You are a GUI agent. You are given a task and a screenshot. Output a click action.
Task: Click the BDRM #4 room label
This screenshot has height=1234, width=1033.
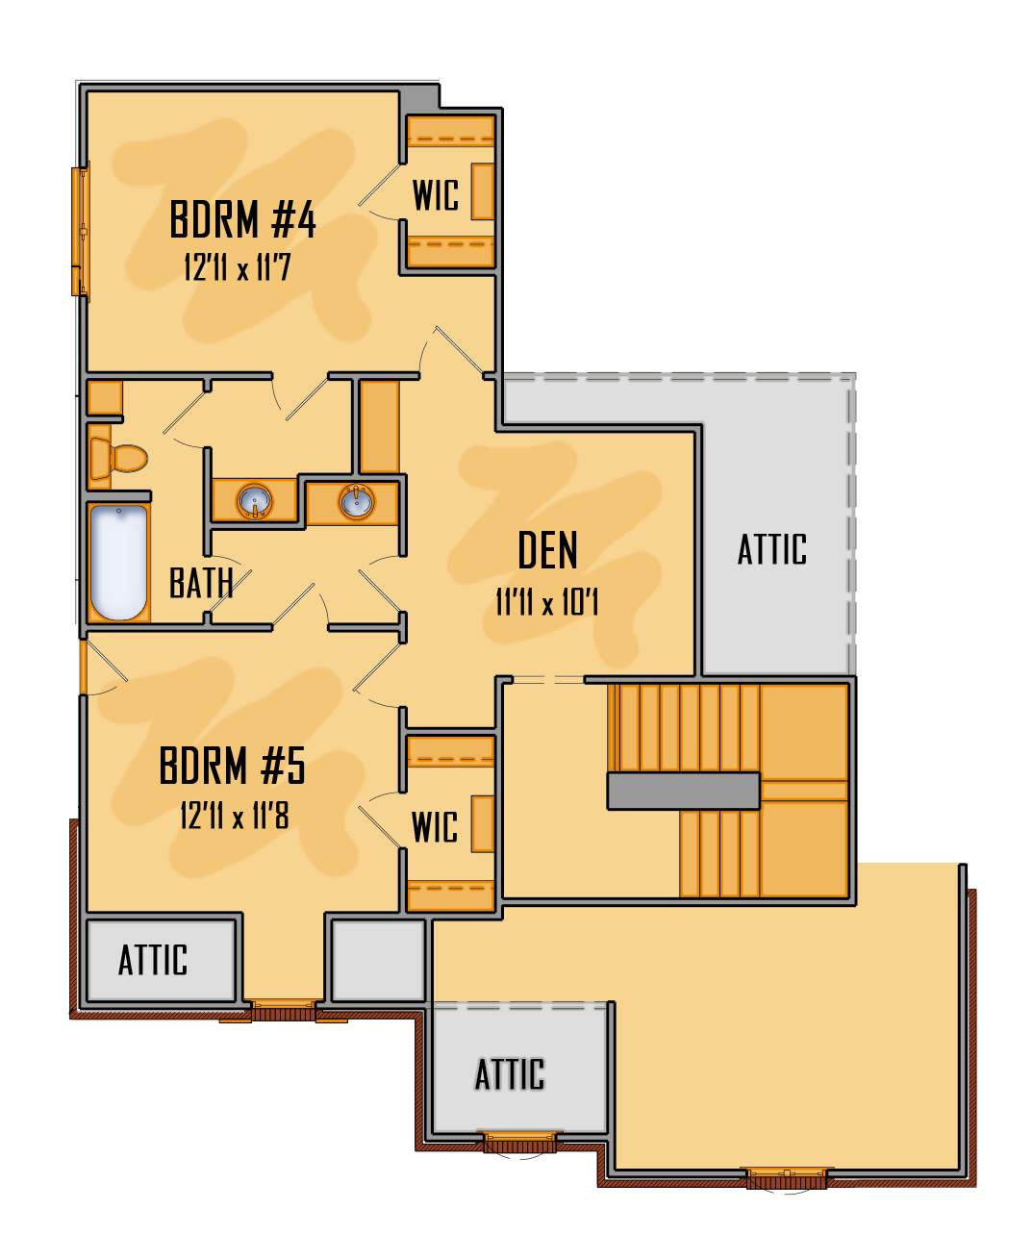click(242, 219)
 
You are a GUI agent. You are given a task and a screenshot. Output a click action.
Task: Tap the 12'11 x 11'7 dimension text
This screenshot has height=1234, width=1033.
click(238, 267)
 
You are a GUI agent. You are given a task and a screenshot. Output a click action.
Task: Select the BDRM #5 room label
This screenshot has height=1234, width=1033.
click(232, 766)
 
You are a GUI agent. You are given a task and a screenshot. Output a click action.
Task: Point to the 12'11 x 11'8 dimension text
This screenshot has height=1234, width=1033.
click(235, 817)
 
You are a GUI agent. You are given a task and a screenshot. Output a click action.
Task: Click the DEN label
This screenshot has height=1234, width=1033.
click(547, 550)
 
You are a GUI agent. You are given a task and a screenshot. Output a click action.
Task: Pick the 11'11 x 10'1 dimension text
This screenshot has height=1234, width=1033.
click(546, 602)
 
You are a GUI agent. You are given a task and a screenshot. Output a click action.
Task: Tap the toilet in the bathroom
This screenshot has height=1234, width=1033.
click(118, 459)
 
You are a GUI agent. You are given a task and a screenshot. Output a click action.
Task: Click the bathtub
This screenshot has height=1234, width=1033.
click(118, 562)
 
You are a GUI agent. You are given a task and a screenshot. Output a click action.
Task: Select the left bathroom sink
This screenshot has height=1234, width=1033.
click(255, 501)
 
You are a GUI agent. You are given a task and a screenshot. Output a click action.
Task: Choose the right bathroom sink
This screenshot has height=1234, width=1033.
click(356, 502)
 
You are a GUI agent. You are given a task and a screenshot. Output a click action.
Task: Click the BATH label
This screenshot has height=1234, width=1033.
click(201, 583)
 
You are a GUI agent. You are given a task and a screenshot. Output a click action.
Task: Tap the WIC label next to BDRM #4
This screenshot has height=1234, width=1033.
click(436, 195)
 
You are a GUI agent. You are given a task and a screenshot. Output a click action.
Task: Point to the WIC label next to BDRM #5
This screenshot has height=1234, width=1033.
click(435, 827)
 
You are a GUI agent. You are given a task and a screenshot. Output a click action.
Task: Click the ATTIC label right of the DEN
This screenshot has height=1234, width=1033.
click(771, 549)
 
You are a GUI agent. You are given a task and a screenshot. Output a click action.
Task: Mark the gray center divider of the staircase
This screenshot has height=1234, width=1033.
click(684, 791)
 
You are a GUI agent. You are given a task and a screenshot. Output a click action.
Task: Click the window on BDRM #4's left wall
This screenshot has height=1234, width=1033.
click(81, 231)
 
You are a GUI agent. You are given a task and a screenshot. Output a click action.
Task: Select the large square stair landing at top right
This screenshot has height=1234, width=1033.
click(804, 732)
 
